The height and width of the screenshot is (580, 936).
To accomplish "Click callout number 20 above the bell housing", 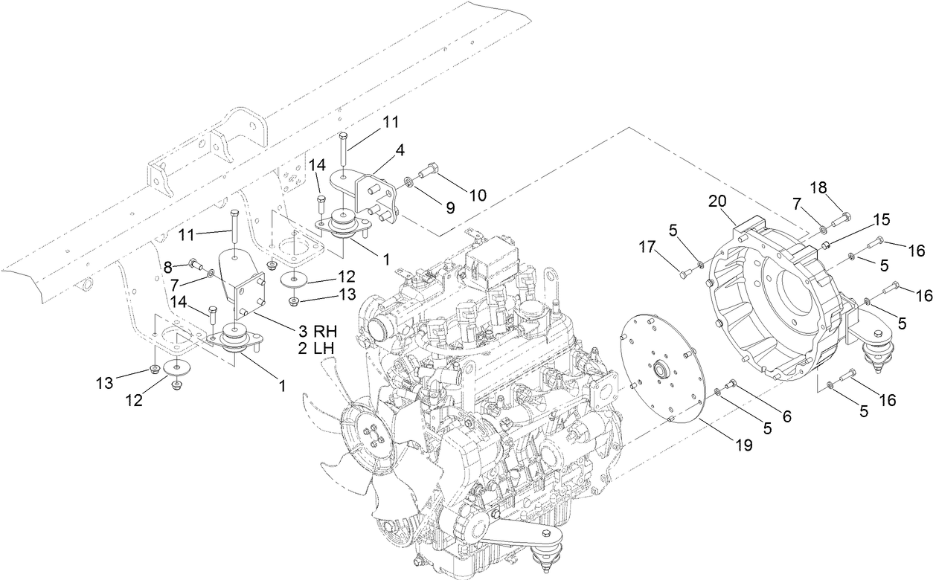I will click(x=717, y=202).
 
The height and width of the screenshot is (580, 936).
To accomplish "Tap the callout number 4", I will click(x=400, y=150).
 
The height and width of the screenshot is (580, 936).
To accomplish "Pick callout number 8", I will click(x=167, y=265).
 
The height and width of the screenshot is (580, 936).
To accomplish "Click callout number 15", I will click(x=880, y=220).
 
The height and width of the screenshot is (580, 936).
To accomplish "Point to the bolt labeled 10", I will click(x=429, y=173).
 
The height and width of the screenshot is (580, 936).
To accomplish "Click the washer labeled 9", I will click(x=411, y=181).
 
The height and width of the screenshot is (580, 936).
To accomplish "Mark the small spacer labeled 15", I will click(x=826, y=244).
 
